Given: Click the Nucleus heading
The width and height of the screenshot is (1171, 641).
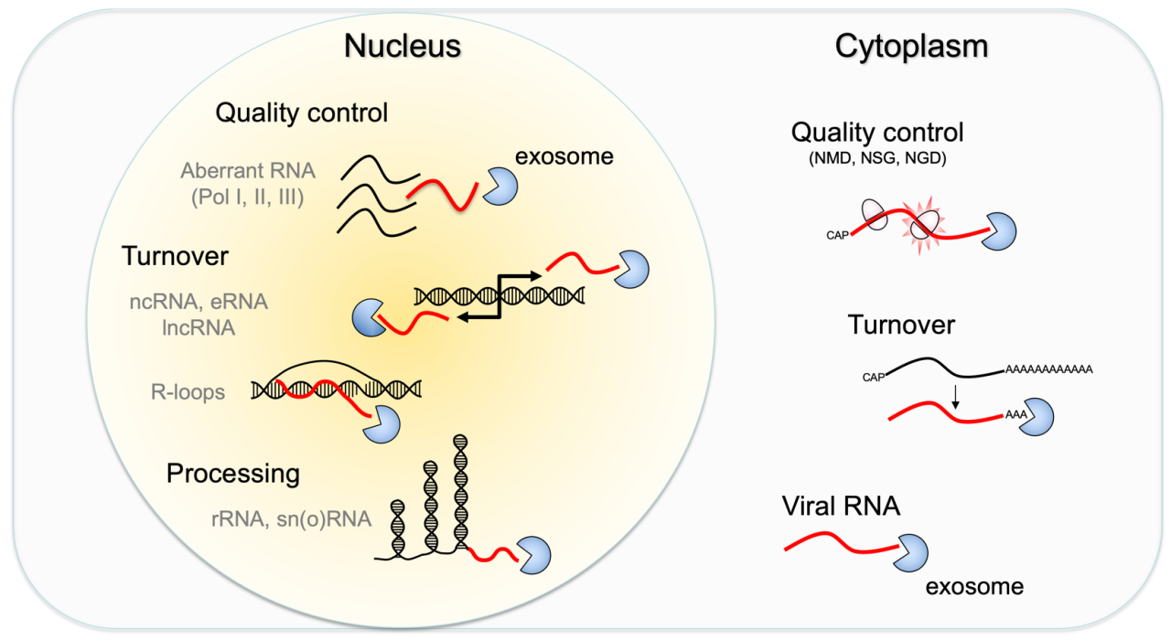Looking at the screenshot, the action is tap(402, 46).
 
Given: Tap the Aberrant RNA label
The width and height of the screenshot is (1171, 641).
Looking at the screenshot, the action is tap(248, 171).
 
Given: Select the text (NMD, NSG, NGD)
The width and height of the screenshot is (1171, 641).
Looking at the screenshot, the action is tap(877, 158).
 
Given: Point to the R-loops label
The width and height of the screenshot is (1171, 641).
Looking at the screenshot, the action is tap(188, 391).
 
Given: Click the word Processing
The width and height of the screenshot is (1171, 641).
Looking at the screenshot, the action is tap(233, 475).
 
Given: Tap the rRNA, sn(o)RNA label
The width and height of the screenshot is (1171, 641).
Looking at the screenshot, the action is tap(291, 519).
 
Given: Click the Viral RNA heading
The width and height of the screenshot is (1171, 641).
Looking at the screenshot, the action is tap(841, 507).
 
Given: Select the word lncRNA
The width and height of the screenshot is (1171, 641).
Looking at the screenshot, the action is tap(199, 328).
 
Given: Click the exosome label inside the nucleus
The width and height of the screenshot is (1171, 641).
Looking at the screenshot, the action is tap(564, 156).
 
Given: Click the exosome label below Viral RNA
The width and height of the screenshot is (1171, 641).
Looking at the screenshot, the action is tap(974, 587).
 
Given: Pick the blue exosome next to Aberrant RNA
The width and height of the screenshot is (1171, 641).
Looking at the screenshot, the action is tap(500, 186).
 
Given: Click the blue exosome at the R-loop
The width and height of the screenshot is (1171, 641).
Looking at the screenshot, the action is tap(382, 424).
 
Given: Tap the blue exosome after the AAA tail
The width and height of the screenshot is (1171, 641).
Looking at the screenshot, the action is tap(1037, 417).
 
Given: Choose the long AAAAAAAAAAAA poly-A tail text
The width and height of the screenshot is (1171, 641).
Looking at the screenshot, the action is tap(1049, 369).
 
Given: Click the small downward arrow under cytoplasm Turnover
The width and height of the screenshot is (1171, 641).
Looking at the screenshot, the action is tap(956, 397).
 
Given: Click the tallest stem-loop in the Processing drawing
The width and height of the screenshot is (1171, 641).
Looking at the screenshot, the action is tap(460, 492).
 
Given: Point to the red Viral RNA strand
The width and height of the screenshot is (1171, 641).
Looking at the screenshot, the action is tap(843, 543).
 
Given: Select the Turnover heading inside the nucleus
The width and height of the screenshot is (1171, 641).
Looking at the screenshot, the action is tap(175, 256).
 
